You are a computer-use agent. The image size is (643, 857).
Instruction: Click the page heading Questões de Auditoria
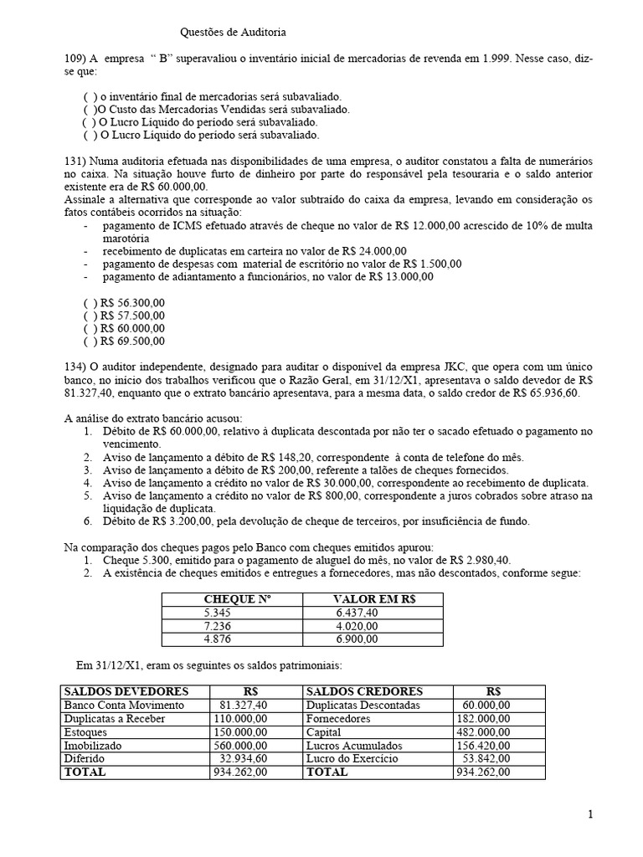click(x=234, y=33)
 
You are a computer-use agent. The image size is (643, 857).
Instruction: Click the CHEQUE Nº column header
click(x=239, y=599)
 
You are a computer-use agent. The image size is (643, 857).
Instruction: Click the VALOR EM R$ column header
click(x=373, y=599)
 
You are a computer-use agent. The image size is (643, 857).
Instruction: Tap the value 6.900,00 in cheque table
click(x=357, y=639)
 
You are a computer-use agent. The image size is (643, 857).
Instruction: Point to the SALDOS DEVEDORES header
click(x=126, y=691)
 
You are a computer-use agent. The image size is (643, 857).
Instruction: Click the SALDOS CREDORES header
click(x=365, y=691)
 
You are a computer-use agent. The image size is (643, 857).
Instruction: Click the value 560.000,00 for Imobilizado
click(x=244, y=745)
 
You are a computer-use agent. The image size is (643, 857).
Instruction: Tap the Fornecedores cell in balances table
click(x=339, y=718)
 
